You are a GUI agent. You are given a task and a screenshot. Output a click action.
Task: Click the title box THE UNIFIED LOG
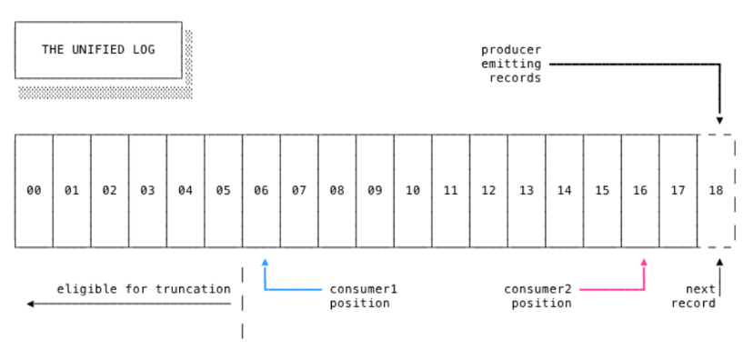(x=98, y=49)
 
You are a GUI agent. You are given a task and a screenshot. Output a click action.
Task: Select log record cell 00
(x=34, y=191)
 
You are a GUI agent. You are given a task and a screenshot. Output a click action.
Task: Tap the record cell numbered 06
(x=261, y=191)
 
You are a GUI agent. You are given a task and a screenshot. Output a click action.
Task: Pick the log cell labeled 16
(x=640, y=191)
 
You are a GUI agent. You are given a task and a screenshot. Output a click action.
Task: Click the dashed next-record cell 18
(x=717, y=191)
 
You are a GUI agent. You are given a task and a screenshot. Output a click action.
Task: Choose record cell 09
(x=375, y=191)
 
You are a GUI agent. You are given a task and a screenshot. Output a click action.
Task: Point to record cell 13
(x=527, y=191)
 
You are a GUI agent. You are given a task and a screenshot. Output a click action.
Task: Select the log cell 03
(x=147, y=191)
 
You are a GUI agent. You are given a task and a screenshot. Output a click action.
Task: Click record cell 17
(x=678, y=191)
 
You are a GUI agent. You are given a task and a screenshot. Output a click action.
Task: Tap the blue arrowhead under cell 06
(x=265, y=262)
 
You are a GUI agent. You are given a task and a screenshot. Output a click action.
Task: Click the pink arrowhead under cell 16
(x=644, y=262)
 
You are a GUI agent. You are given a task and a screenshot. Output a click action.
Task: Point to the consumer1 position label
(x=364, y=296)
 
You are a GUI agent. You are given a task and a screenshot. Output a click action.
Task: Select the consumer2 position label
(x=538, y=296)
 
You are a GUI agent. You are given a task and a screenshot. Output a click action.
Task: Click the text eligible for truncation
(x=144, y=289)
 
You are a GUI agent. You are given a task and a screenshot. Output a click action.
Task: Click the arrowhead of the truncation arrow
(x=31, y=304)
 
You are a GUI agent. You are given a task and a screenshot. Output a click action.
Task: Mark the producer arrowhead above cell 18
(x=719, y=120)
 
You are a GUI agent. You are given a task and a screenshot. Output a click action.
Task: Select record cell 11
(x=451, y=191)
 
